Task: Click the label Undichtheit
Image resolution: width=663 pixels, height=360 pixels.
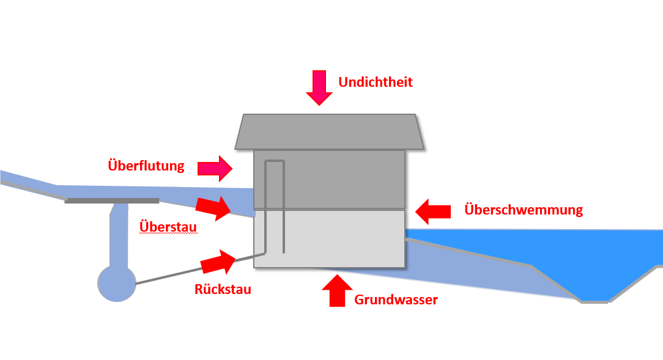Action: [376, 82]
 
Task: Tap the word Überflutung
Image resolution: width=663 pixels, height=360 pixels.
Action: [146, 166]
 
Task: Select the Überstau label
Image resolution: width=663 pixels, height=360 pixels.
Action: [168, 227]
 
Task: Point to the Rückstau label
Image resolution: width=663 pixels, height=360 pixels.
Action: [223, 290]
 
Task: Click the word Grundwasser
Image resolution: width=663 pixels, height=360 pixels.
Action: [396, 299]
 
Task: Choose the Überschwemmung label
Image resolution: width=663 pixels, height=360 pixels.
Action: [524, 210]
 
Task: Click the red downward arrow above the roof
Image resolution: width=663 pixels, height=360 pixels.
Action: [319, 87]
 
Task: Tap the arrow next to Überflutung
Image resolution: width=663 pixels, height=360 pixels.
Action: [215, 169]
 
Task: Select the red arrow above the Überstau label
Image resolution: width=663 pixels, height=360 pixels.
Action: [213, 207]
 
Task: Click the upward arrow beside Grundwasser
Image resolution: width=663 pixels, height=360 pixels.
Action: [337, 290]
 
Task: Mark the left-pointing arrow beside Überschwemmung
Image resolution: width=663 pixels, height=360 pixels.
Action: [433, 211]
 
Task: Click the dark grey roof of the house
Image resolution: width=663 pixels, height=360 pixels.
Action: [330, 131]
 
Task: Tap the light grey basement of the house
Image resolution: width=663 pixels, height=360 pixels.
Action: [330, 239]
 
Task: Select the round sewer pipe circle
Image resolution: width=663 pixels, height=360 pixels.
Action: [117, 283]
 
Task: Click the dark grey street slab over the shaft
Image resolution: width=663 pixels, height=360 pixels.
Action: [112, 200]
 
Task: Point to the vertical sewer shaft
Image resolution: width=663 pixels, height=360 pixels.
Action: [119, 235]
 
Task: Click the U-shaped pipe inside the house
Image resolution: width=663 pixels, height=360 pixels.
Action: [275, 161]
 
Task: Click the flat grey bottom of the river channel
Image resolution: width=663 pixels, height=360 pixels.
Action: [594, 302]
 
